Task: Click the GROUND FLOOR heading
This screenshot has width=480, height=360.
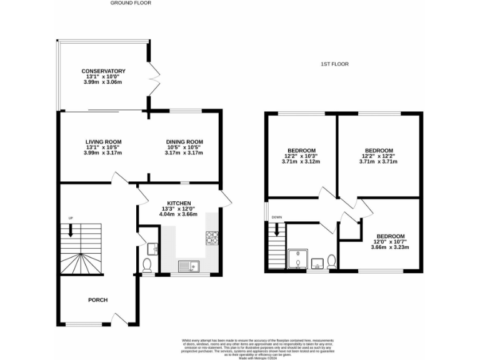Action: click(x=131, y=3)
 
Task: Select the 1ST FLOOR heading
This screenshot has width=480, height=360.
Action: click(x=334, y=64)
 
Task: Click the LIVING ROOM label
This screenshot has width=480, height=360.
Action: click(x=103, y=142)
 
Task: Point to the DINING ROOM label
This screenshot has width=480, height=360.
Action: click(x=184, y=142)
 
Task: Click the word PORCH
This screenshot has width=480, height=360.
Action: click(x=97, y=300)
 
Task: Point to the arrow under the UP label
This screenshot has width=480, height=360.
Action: click(x=70, y=229)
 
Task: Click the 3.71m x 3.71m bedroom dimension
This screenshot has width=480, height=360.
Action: click(x=379, y=162)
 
